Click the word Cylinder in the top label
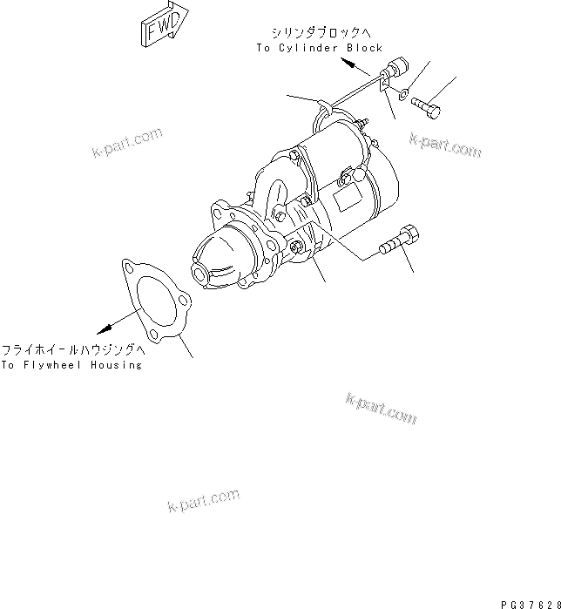308,49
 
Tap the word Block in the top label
364,49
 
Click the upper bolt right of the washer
426,106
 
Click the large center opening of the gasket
150,304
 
